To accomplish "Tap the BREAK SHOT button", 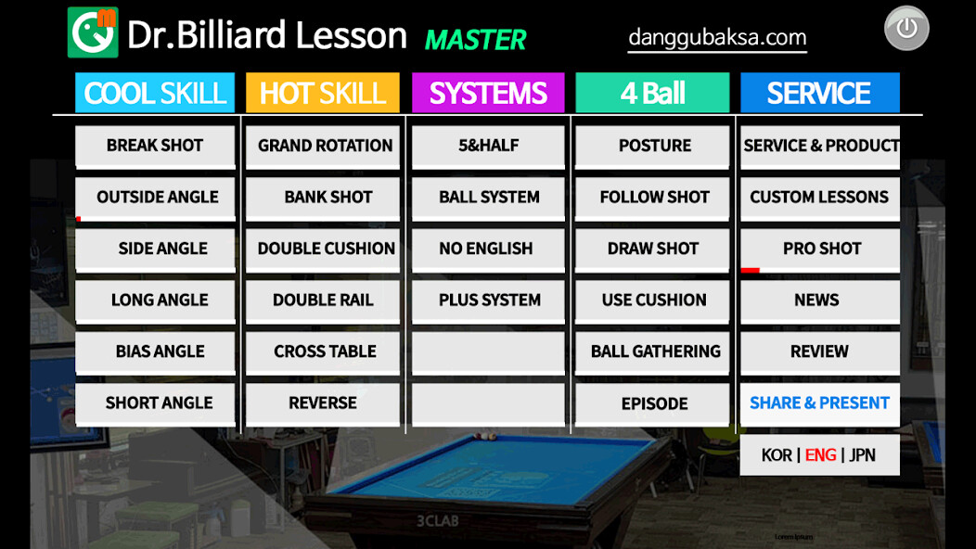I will click(x=155, y=146).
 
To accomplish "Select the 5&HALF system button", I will click(x=488, y=146).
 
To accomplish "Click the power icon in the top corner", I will click(x=906, y=29).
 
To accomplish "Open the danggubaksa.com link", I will click(x=717, y=38).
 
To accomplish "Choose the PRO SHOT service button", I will click(x=820, y=249).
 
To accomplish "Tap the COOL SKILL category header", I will click(x=155, y=94).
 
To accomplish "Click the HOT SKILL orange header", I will click(x=322, y=94).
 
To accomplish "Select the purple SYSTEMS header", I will click(x=488, y=94).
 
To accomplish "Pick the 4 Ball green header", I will click(x=652, y=94).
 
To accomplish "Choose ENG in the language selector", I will click(x=820, y=455).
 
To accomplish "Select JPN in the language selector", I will click(x=862, y=455).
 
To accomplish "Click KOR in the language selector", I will click(x=777, y=455).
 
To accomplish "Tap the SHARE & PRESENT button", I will click(x=819, y=403).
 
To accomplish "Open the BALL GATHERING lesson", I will click(x=655, y=351).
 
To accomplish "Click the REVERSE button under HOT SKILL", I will click(x=322, y=403).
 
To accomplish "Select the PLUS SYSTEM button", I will click(x=489, y=300).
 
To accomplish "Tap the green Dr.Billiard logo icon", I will click(x=93, y=32).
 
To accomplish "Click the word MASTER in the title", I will click(x=475, y=40).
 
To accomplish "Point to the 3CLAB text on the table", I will click(x=437, y=521).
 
